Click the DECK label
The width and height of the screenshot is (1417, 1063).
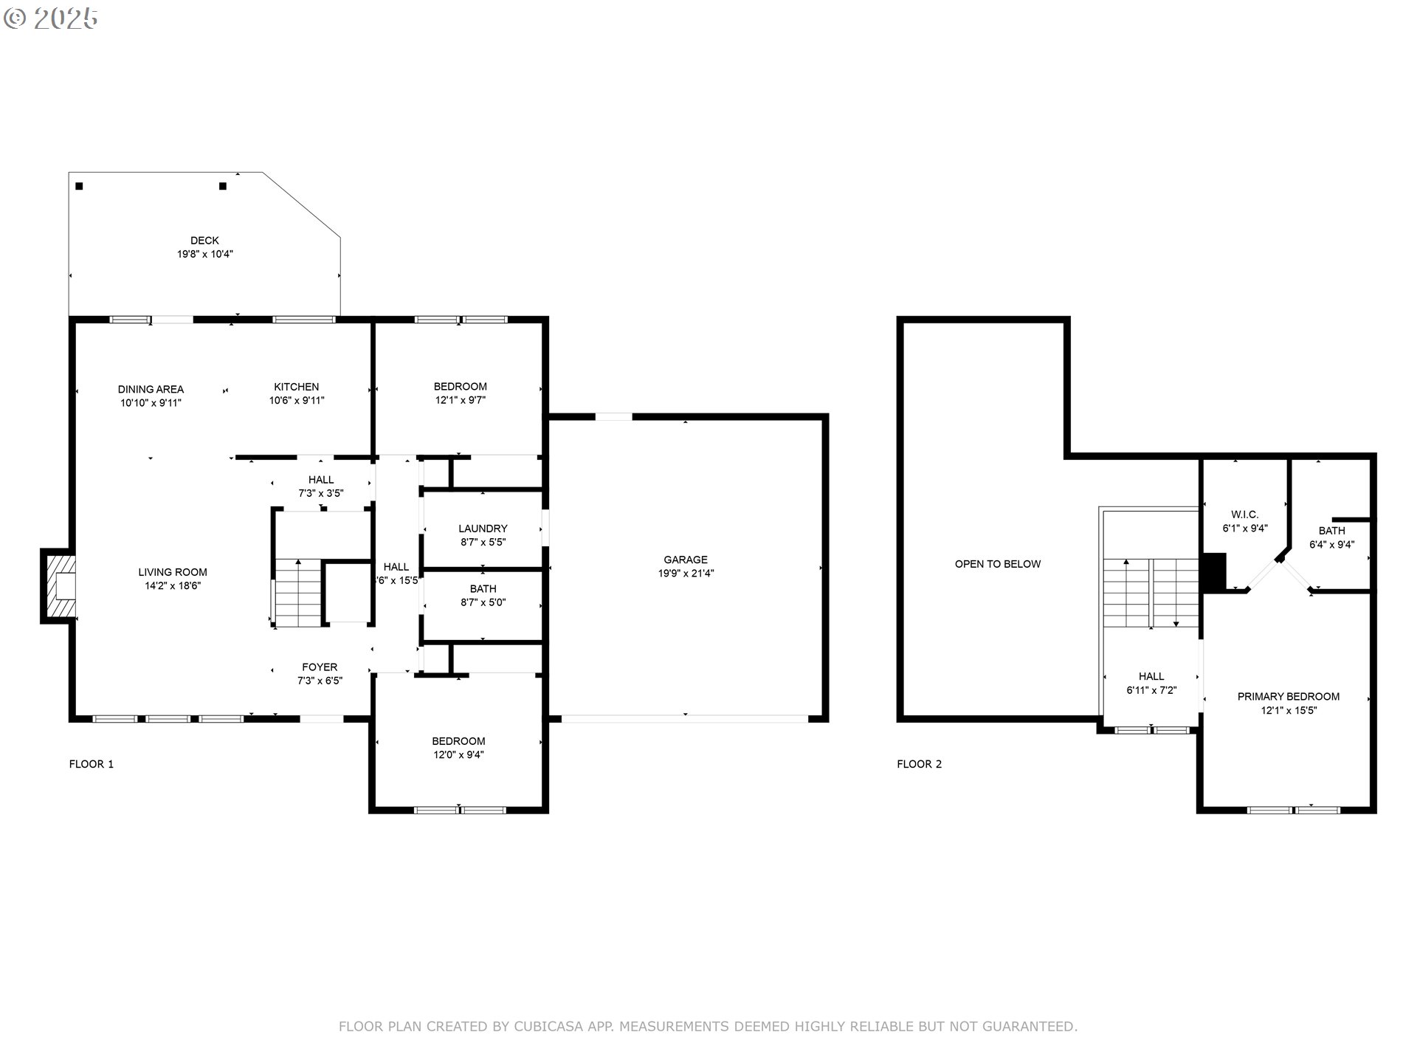point(204,241)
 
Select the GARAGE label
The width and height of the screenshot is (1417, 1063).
point(686,560)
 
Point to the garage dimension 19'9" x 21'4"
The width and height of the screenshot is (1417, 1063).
point(686,574)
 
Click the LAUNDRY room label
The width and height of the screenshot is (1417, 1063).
point(483,529)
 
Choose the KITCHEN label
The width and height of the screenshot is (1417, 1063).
point(297,387)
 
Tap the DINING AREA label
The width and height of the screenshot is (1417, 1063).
point(151,389)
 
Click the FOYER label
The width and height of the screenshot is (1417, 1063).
point(320,667)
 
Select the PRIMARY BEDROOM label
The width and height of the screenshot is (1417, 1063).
point(1289,696)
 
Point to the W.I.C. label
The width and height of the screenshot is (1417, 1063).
point(1245,515)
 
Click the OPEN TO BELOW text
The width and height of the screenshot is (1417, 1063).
point(998,564)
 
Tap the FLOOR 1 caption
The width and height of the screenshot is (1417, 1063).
point(92,764)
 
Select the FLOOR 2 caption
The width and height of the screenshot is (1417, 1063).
point(920,764)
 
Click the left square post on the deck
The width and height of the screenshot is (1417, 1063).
point(79,186)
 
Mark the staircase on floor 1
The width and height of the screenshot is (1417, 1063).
point(298,593)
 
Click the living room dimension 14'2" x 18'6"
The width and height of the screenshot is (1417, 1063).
point(173,586)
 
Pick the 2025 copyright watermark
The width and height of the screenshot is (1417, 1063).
point(51,18)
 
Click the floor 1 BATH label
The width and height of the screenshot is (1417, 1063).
point(483,589)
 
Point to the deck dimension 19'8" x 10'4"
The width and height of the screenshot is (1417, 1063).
point(204,254)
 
